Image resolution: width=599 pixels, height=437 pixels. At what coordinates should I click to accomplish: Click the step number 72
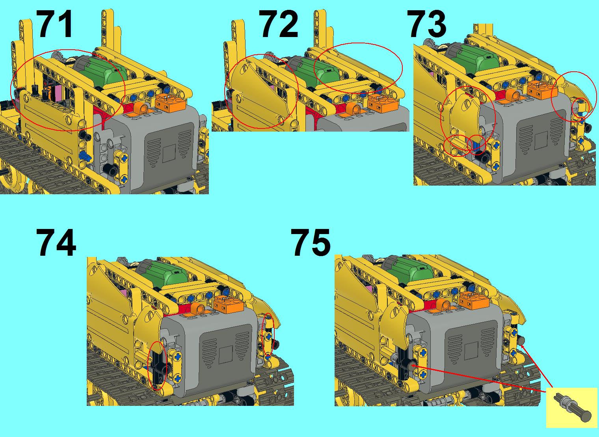(x=278, y=24)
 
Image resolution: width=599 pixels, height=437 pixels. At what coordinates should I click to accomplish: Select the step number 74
(x=56, y=243)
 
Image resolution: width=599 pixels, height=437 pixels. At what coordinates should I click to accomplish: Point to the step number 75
(x=311, y=243)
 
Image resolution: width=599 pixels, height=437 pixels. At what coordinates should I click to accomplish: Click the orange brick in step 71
(x=170, y=102)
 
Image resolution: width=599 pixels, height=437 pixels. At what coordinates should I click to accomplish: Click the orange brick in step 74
(x=229, y=303)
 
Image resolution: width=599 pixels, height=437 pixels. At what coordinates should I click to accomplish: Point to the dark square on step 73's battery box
(x=541, y=140)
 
